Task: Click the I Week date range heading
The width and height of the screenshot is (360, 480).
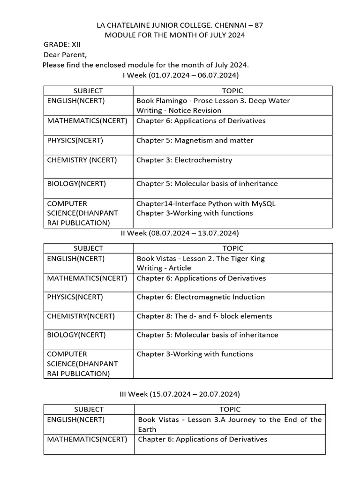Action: pyautogui.click(x=180, y=75)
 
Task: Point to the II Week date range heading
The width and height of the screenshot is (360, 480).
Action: pyautogui.click(x=180, y=233)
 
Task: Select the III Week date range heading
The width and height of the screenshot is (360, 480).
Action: pyautogui.click(x=180, y=394)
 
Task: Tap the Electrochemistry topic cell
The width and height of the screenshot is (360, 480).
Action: pyautogui.click(x=184, y=160)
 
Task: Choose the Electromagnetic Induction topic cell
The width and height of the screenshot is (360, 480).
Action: pyautogui.click(x=201, y=297)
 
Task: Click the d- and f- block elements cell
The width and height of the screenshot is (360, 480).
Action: pyautogui.click(x=204, y=316)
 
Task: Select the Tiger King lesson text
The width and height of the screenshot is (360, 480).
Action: pyautogui.click(x=201, y=258)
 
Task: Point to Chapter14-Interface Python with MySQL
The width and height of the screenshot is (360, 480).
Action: pyautogui.click(x=206, y=204)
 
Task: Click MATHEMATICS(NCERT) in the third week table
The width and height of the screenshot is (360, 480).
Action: pyautogui.click(x=87, y=440)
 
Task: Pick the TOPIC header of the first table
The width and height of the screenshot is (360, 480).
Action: pyautogui.click(x=232, y=91)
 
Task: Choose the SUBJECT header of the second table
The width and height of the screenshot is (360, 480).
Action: pyautogui.click(x=88, y=248)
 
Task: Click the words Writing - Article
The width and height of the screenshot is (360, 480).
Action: pyautogui.click(x=164, y=268)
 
